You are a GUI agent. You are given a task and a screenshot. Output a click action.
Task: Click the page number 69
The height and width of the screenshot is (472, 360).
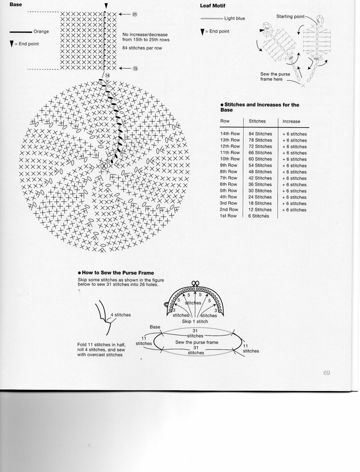pyautogui.click(x=326, y=373)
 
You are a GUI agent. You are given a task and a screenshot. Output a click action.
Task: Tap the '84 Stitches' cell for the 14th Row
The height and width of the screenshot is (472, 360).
pyautogui.click(x=260, y=134)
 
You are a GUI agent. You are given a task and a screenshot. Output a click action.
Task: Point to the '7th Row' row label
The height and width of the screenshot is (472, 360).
pyautogui.click(x=228, y=178)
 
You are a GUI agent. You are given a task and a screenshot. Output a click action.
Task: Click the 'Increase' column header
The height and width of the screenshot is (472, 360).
pyautogui.click(x=291, y=121)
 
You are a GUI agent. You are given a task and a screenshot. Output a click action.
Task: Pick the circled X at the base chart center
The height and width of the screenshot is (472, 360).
pyautogui.click(x=104, y=165)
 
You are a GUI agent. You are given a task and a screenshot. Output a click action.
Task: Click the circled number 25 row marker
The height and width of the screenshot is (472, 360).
pyautogui.click(x=134, y=14)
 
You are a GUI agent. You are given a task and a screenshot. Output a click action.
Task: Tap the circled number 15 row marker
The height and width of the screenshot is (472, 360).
pyautogui.click(x=135, y=68)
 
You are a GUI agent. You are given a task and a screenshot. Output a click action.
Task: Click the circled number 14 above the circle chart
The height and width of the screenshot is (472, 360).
pyautogui.click(x=107, y=75)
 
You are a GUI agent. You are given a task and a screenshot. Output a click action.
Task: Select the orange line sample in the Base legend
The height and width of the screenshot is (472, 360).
pyautogui.click(x=20, y=32)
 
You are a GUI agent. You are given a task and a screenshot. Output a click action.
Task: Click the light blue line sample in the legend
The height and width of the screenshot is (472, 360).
pyautogui.click(x=212, y=18)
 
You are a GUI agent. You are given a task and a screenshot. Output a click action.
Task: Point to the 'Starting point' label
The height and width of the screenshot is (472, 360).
pyautogui.click(x=290, y=16)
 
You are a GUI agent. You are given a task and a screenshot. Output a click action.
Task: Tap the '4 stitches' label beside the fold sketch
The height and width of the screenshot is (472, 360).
pyautogui.click(x=121, y=315)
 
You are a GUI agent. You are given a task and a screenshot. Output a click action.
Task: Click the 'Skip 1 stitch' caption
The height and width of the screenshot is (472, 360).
pyautogui.click(x=195, y=321)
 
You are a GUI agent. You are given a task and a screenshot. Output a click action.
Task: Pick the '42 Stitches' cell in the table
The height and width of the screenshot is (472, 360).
pyautogui.click(x=260, y=178)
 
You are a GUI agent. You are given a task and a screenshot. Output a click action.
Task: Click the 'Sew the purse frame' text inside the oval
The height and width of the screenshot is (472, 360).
pyautogui.click(x=197, y=342)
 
